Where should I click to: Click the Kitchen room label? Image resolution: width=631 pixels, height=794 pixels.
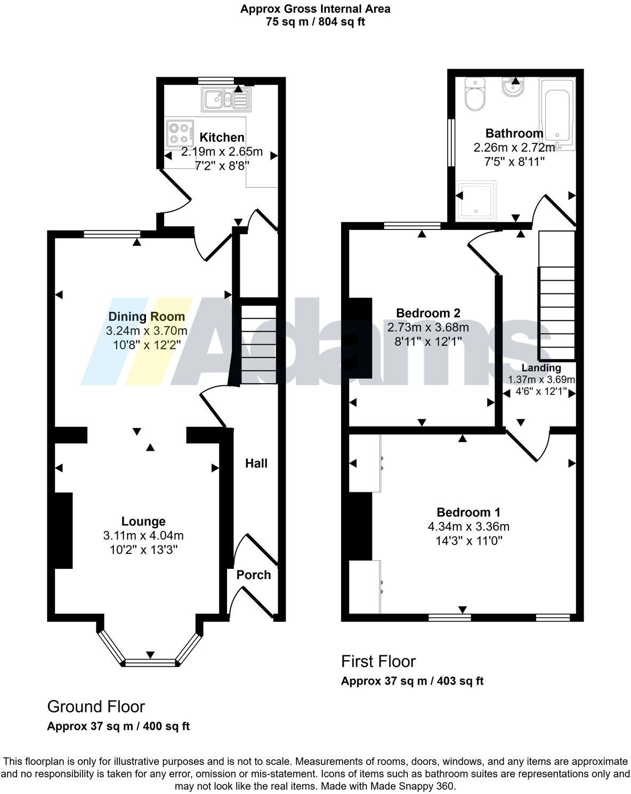[222, 138]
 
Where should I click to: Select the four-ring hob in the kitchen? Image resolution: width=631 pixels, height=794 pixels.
[180, 133]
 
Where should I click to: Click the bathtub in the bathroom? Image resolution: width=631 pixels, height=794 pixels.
[557, 113]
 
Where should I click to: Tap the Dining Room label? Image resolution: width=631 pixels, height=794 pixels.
[147, 316]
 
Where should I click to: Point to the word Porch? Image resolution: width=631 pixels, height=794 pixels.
[254, 575]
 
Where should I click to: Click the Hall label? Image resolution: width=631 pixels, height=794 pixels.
[256, 463]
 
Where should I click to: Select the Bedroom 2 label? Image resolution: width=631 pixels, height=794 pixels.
[428, 313]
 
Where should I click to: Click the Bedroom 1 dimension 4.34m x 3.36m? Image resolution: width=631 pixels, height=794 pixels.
[468, 527]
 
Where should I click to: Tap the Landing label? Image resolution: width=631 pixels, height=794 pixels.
[541, 368]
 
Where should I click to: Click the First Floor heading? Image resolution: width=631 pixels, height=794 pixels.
[378, 661]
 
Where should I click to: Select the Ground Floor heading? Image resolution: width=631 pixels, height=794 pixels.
[96, 706]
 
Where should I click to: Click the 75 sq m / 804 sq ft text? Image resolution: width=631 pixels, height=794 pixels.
[315, 22]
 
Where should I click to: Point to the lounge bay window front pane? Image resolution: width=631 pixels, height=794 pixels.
[150, 663]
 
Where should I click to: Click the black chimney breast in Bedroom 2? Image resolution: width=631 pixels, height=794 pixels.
[360, 337]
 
